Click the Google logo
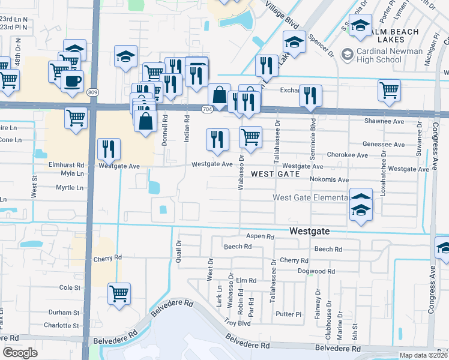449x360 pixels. tap(20, 353)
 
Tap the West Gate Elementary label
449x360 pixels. tap(310, 197)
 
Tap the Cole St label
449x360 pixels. tap(70, 287)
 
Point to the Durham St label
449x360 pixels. tap(64, 313)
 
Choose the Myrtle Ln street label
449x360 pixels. tap(70, 188)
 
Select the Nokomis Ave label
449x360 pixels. tap(330, 179)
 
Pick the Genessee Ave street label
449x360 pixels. tap(384, 145)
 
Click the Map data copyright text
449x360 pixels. tap(424, 355)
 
